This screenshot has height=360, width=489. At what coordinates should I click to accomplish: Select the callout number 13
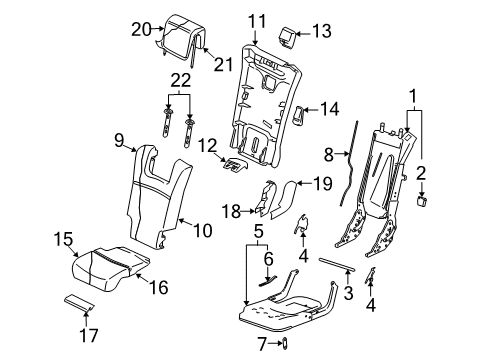point(321,32)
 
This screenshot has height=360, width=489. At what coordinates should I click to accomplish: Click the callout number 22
point(180,80)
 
